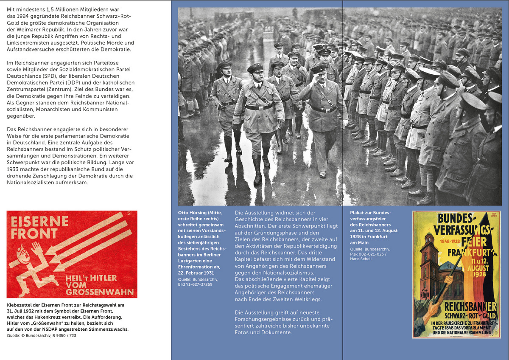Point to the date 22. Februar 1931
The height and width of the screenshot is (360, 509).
196,272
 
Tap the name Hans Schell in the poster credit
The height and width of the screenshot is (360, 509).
361,259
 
